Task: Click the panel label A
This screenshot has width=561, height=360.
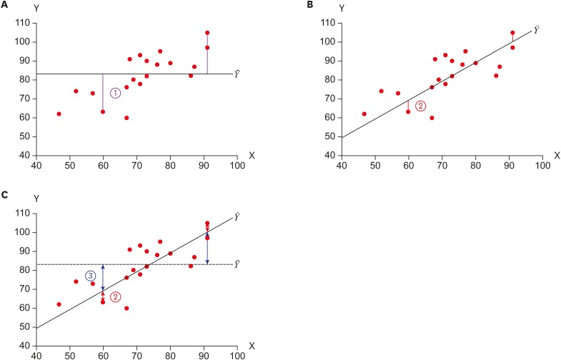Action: coord(5,5)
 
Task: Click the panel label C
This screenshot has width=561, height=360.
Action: coord(5,194)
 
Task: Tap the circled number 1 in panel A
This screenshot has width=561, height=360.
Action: coord(115,94)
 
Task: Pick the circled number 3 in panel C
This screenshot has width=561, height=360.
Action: coord(91,276)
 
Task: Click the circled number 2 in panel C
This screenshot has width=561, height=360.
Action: coord(115,296)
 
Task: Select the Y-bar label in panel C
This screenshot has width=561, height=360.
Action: coord(238,265)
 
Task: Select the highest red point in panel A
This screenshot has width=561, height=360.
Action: coord(207,33)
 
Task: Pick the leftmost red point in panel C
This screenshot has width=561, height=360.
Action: coord(59,304)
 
